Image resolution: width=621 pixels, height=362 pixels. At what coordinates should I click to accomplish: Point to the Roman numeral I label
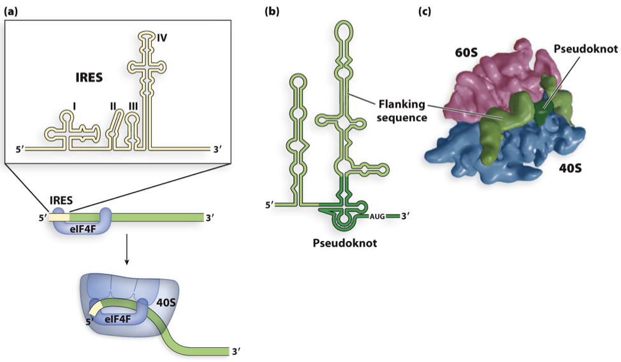pos(75,106)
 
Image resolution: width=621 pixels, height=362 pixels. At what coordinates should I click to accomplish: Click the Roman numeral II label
pos(113,106)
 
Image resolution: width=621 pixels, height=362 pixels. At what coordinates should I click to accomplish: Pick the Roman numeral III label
pos(133,106)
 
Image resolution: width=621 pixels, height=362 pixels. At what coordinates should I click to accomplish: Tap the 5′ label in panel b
pos(270,205)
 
